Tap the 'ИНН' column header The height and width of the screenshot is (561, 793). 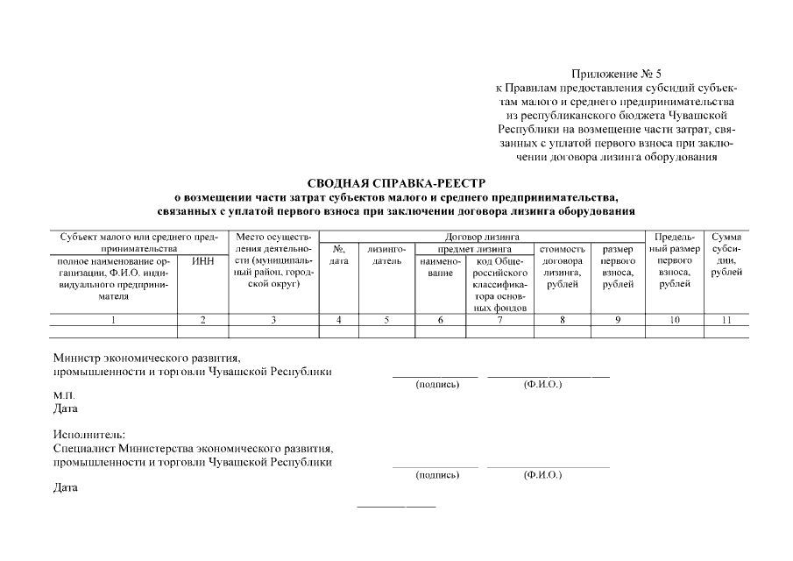[x=202, y=261]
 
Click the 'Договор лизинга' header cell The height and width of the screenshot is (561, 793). [x=482, y=237]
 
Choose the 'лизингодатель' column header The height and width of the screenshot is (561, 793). [x=386, y=255]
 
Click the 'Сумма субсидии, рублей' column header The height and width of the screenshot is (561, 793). [x=726, y=255]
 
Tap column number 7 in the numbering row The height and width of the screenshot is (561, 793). [x=499, y=320]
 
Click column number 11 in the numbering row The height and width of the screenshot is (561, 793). [x=726, y=320]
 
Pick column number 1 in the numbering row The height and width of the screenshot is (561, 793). [x=114, y=320]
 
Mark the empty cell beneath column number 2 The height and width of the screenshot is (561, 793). [x=202, y=332]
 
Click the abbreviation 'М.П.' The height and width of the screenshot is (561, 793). [x=64, y=395]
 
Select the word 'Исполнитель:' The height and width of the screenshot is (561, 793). [x=89, y=435]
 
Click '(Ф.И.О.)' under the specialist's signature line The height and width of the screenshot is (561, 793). [x=542, y=474]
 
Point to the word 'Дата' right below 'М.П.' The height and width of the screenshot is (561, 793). [x=66, y=408]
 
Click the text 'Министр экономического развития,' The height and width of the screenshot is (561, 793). [x=146, y=358]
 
